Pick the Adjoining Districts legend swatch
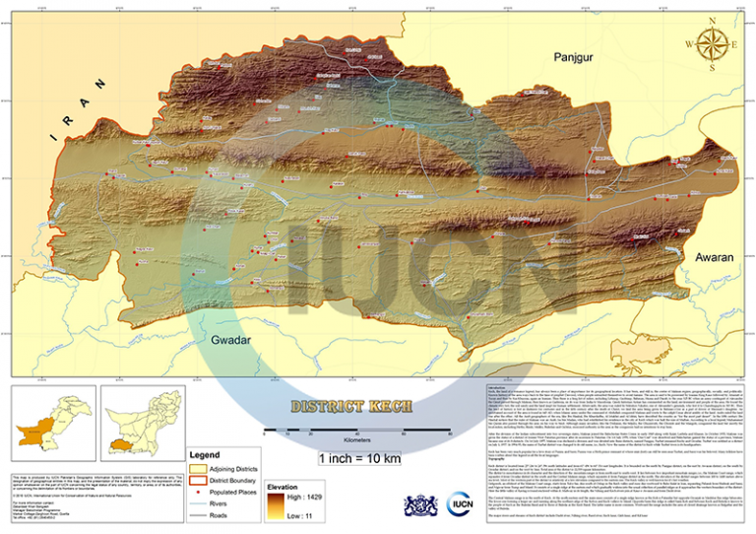200,468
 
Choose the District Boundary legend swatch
200,480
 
